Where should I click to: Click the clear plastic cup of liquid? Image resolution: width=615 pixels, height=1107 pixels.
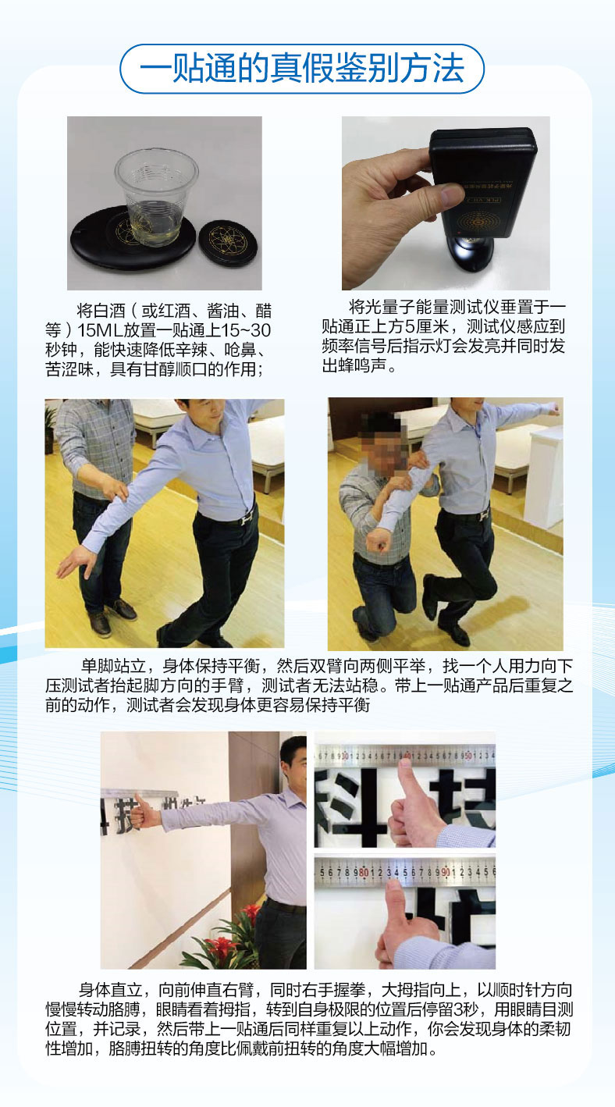157,198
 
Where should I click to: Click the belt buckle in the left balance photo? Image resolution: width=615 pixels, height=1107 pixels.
245,519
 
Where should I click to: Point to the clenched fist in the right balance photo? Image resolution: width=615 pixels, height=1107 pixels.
380,540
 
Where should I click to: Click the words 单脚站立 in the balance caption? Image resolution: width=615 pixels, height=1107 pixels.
113,666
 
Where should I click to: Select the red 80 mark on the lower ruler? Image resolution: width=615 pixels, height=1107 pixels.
364,872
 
